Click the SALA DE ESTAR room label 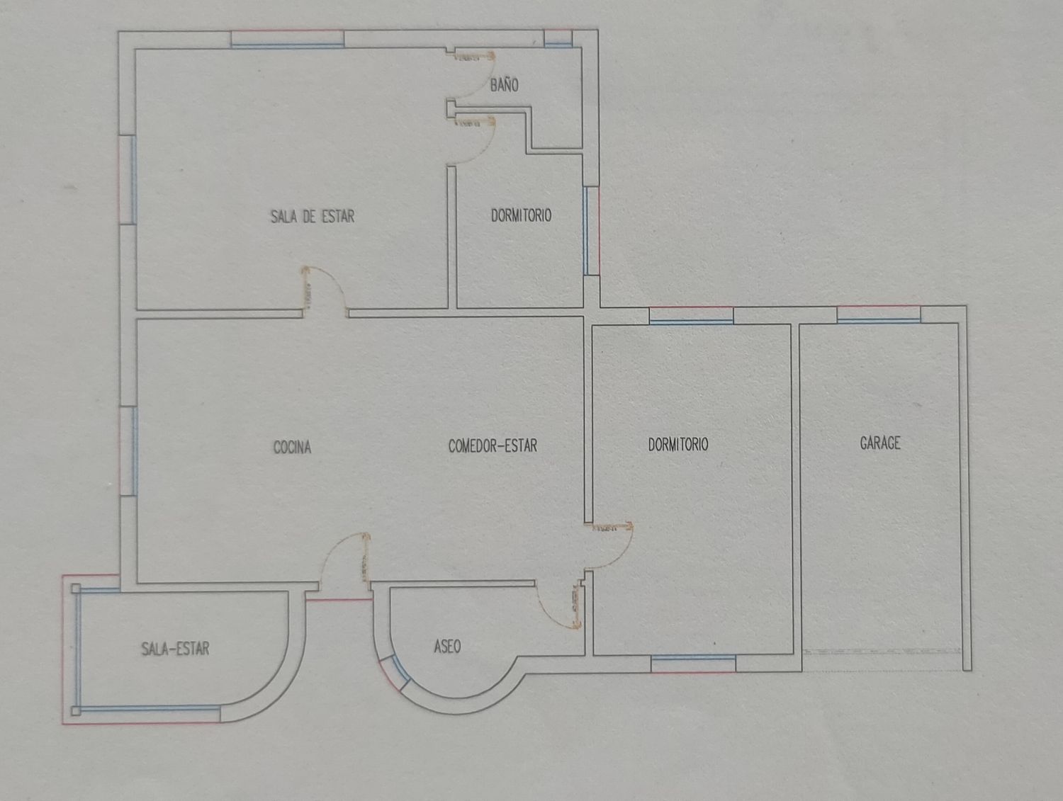coord(313,216)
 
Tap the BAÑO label coord(504,85)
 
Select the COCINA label coord(292,447)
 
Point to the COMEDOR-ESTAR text coord(493,445)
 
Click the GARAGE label coord(880,443)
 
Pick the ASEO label coord(447,647)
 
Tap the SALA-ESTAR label coord(175,649)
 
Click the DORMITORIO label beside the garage coord(678,444)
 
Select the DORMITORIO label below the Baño coord(521,215)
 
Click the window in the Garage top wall coord(879,314)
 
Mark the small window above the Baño coord(558,38)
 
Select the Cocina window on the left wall coord(128,450)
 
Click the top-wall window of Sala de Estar coord(287,39)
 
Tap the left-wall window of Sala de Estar coord(128,180)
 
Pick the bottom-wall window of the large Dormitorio coord(693,664)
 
